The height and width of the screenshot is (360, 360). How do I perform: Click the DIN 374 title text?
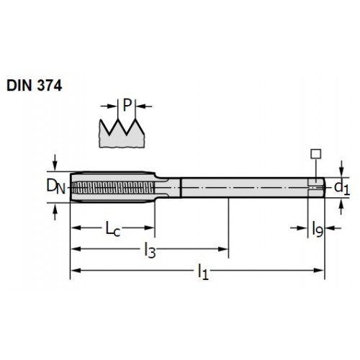click(x=35, y=86)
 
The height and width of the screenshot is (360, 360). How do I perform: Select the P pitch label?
click(x=127, y=105)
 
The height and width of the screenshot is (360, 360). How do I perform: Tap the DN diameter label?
click(x=55, y=186)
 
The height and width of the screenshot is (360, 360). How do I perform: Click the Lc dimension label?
click(x=113, y=229)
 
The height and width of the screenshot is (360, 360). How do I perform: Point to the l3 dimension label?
click(x=150, y=250)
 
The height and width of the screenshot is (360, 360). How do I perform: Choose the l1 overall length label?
click(x=203, y=271)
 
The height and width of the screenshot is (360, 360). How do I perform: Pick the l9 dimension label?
click(x=318, y=229)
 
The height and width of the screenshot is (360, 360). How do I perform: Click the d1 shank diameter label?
click(x=342, y=187)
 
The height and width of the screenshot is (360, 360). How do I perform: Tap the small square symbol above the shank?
click(x=316, y=154)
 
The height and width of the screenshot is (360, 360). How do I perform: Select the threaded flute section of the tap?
click(x=112, y=187)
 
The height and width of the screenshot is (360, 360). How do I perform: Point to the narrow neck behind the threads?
click(x=168, y=188)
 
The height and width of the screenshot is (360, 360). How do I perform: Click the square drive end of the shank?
click(x=316, y=187)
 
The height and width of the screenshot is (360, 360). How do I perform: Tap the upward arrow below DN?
click(x=55, y=212)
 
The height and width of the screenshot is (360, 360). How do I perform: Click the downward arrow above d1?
click(x=342, y=168)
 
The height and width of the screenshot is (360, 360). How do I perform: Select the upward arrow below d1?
click(x=341, y=207)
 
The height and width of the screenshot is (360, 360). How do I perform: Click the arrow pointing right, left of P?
click(x=109, y=106)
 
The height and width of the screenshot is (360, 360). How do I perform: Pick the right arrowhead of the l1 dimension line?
click(x=319, y=271)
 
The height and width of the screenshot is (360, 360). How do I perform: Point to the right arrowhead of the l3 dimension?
click(x=222, y=249)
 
